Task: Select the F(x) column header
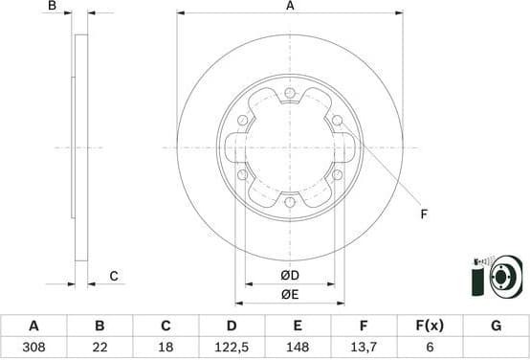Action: pos(430,326)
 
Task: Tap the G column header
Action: pos(496,326)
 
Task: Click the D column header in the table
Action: pos(232,326)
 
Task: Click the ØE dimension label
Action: pos(290,294)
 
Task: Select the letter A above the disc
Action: pos(289,7)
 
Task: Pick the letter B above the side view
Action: pos(54,7)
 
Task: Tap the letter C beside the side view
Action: pos(113,277)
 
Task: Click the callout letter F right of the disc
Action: pos(424,214)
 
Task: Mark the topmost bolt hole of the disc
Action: pos(290,92)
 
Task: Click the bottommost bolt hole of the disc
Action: pos(290,202)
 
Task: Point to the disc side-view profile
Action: pos(81,147)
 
